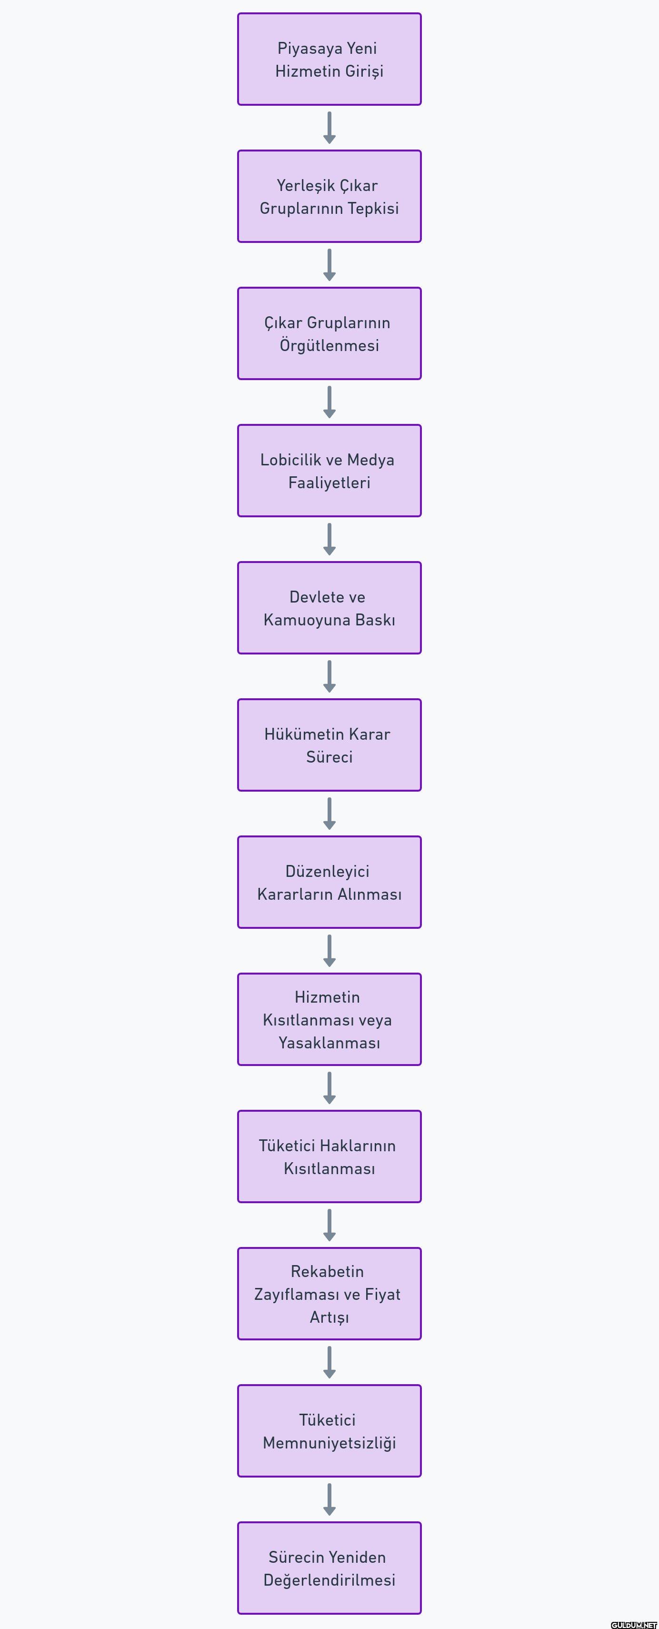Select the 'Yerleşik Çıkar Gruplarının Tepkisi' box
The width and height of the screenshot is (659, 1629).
pyautogui.click(x=329, y=197)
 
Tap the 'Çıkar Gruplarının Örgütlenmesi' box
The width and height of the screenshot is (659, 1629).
pyautogui.click(x=329, y=334)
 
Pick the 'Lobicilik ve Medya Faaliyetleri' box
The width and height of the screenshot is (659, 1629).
pyautogui.click(x=329, y=471)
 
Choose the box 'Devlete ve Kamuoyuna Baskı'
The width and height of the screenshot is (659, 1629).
pyautogui.click(x=329, y=608)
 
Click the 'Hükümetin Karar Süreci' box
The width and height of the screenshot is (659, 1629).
pyautogui.click(x=329, y=745)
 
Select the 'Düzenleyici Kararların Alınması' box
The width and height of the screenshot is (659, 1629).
pyautogui.click(x=329, y=883)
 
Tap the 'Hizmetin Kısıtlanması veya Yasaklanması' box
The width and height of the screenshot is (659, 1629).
pyautogui.click(x=329, y=1020)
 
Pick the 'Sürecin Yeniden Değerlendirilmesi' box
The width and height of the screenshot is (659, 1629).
pyautogui.click(x=329, y=1569)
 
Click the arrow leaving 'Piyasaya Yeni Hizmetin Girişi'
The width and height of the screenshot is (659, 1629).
pyautogui.click(x=329, y=128)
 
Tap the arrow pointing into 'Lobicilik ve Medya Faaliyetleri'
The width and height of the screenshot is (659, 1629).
pyautogui.click(x=329, y=402)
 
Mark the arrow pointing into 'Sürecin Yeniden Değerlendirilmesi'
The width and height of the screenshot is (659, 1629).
pyautogui.click(x=329, y=1500)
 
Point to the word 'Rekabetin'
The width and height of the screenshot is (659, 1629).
pyautogui.click(x=328, y=1272)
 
